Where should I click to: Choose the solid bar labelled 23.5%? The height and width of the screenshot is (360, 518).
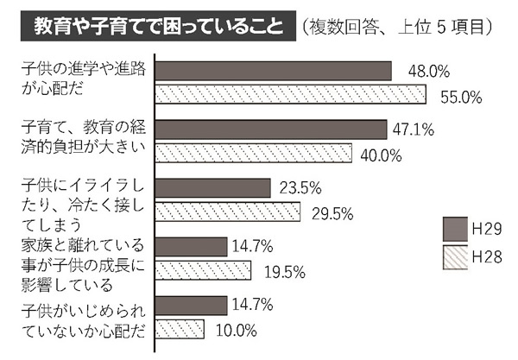click(x=213, y=187)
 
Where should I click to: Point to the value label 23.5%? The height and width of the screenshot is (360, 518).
click(x=298, y=187)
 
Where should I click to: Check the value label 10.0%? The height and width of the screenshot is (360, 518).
click(x=231, y=329)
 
